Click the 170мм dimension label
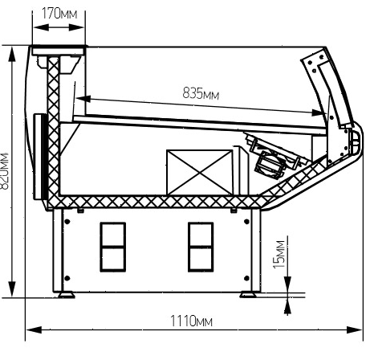coord(59,14)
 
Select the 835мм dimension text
coord(201,94)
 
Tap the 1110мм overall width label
coord(191,321)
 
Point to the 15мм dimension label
coord(279,255)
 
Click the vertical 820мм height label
coord(5,171)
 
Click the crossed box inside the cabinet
coord(199,172)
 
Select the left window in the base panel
coord(113,247)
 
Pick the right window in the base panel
coord(201,247)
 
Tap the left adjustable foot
coord(67,295)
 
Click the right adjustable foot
coord(248,295)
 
